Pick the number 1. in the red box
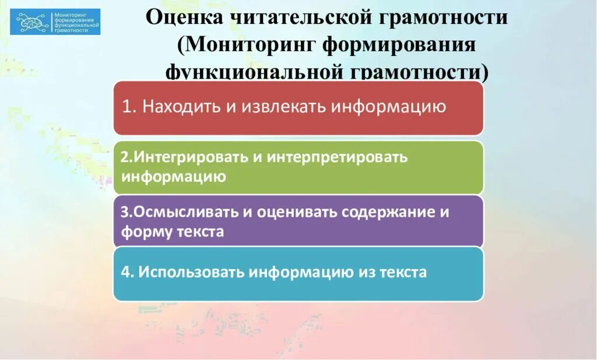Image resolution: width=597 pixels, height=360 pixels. (x=130, y=107)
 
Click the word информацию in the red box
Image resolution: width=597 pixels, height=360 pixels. (x=389, y=107)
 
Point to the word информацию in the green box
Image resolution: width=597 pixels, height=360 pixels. (x=174, y=177)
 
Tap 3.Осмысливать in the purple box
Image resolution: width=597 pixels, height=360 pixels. (x=179, y=212)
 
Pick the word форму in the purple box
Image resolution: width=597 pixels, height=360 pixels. (x=146, y=231)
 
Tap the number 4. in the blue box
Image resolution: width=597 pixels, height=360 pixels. (x=128, y=273)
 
